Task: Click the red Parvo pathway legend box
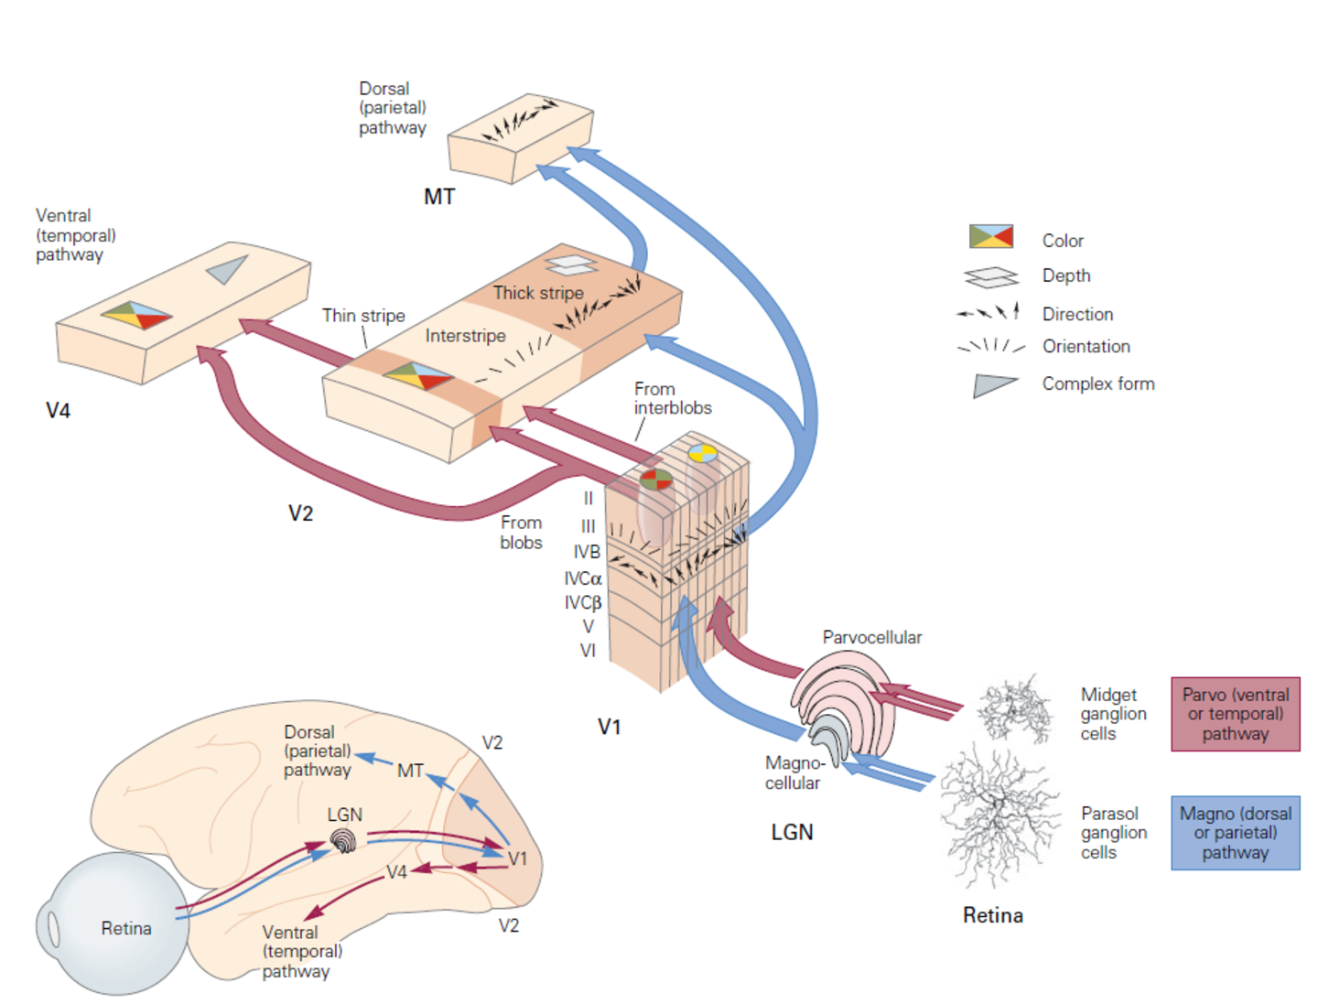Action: [x=1235, y=714]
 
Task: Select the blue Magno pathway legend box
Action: [x=1235, y=832]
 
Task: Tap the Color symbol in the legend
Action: [x=990, y=236]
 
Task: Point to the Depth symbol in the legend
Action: [x=990, y=275]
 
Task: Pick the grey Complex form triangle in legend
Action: [x=993, y=384]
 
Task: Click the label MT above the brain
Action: [x=439, y=197]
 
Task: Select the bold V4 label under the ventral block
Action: [x=59, y=410]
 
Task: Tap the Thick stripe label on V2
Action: [x=538, y=293]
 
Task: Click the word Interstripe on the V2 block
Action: [x=465, y=336]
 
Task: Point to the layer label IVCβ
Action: [x=583, y=602]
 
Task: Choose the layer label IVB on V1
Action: [x=587, y=552]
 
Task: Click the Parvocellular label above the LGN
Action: [x=871, y=637]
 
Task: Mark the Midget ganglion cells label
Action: [x=1112, y=714]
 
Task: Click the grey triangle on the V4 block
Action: [x=228, y=269]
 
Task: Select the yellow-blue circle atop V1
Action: [x=703, y=453]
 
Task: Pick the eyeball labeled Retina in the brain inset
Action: [x=114, y=924]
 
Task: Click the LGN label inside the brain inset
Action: [x=344, y=815]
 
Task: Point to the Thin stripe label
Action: [x=363, y=316]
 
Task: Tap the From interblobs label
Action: [x=672, y=398]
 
